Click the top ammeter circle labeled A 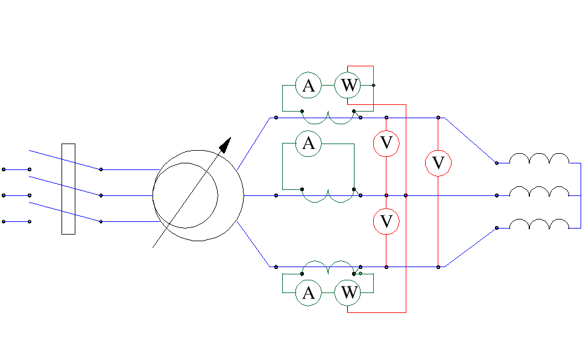(x=308, y=86)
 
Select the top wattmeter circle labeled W (x=348, y=86)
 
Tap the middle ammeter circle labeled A (x=308, y=144)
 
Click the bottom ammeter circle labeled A (x=308, y=293)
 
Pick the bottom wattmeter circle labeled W (x=348, y=293)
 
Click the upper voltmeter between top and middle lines (x=386, y=144)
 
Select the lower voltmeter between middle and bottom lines (x=386, y=222)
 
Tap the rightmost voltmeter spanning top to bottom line (x=438, y=163)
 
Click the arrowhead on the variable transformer (x=225, y=145)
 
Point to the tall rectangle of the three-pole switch (x=68, y=189)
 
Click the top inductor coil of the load (x=539, y=159)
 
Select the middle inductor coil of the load (x=539, y=191)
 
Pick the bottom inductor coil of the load (x=539, y=224)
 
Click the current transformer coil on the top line (x=327, y=119)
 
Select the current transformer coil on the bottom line (x=327, y=265)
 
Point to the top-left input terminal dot (x=4, y=169)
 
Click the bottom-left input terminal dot (x=4, y=221)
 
